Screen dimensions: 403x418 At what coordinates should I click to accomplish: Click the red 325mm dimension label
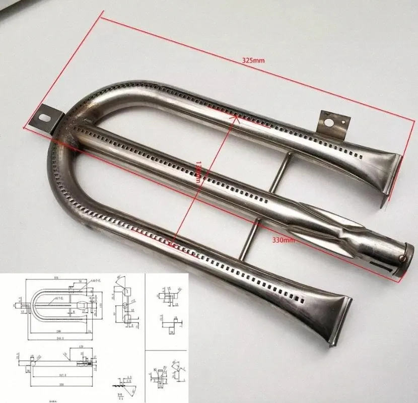(253, 60)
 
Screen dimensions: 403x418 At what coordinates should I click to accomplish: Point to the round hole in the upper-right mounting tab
(330, 122)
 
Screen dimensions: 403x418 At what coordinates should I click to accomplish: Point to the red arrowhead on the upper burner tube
(234, 117)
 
